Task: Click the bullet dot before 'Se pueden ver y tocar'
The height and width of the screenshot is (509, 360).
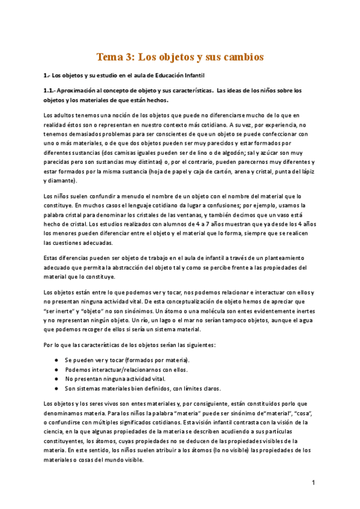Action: click(x=56, y=360)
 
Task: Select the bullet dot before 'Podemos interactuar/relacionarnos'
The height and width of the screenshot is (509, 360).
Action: click(x=56, y=369)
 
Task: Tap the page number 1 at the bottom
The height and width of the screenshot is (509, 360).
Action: click(x=313, y=482)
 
